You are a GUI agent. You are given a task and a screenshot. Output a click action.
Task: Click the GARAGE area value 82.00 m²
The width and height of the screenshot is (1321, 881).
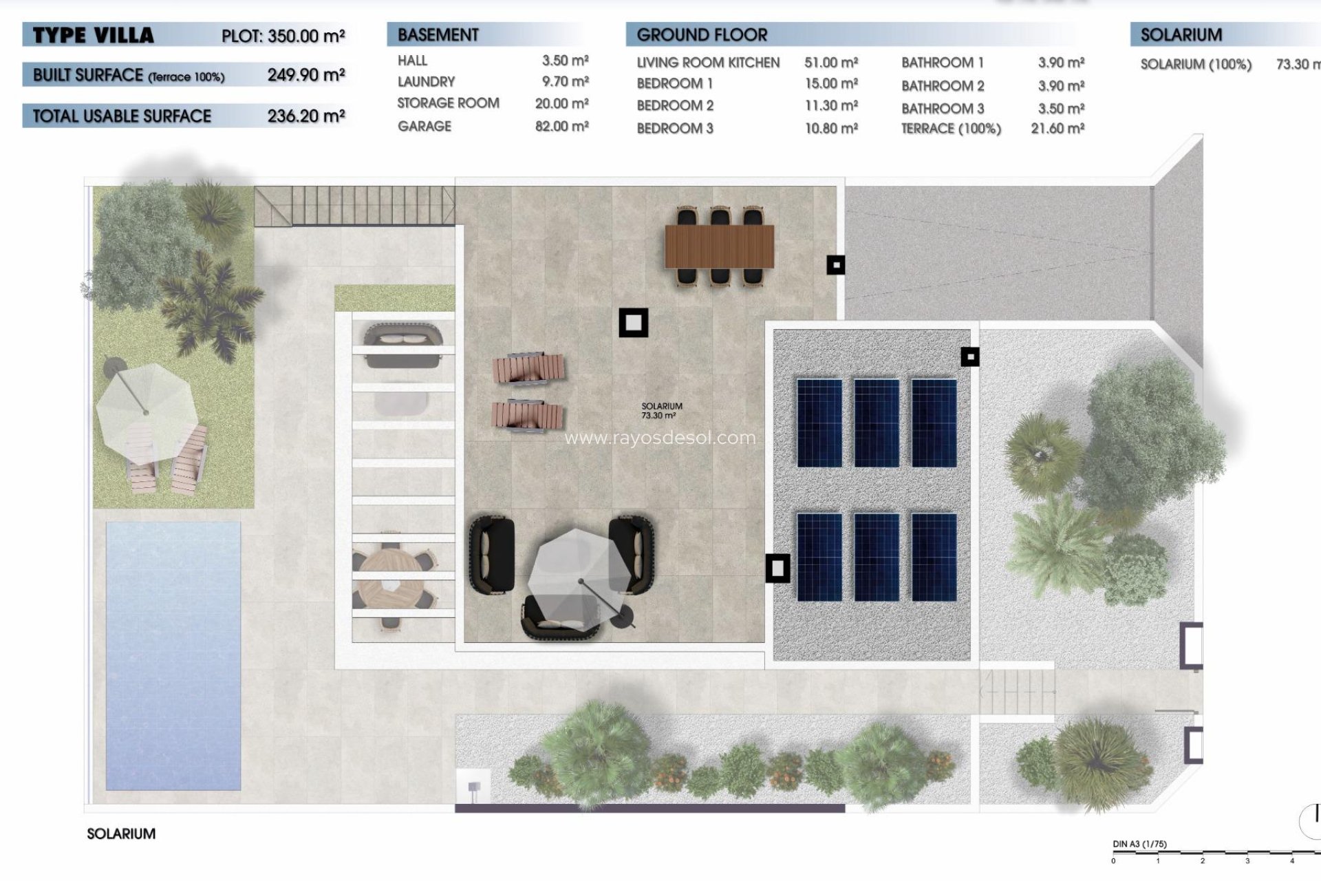(x=561, y=127)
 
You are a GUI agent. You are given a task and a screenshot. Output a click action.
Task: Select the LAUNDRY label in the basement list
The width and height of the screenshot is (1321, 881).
(x=426, y=82)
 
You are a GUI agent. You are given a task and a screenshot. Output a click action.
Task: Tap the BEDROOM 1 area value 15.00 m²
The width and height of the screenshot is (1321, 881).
(x=831, y=84)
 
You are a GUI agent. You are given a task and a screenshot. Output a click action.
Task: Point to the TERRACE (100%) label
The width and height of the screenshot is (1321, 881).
(x=951, y=129)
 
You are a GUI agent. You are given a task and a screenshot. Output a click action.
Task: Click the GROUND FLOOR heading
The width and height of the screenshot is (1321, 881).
(x=702, y=35)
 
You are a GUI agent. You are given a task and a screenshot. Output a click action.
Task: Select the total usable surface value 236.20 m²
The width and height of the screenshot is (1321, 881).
(x=306, y=116)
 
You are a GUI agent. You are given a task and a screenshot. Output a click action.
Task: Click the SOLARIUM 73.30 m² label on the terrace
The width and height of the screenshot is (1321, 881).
(x=661, y=411)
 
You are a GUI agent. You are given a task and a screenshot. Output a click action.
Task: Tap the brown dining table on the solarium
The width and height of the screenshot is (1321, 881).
(x=719, y=246)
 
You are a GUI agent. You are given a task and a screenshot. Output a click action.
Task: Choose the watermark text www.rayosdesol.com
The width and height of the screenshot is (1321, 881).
(x=660, y=438)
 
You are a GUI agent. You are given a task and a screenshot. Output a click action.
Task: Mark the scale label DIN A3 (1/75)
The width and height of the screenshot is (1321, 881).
(x=1139, y=844)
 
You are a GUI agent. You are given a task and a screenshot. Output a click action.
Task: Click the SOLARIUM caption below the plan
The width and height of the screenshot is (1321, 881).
(x=121, y=834)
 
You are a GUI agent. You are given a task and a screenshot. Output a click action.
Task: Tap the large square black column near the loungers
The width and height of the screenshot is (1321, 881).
(x=633, y=322)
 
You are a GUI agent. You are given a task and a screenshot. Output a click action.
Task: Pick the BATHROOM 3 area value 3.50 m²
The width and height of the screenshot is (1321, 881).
(x=1061, y=109)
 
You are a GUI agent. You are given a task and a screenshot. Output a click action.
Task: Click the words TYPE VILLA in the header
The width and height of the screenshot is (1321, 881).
(x=94, y=36)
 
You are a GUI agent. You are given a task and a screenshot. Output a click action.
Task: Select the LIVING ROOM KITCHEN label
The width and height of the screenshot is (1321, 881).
(x=708, y=63)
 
